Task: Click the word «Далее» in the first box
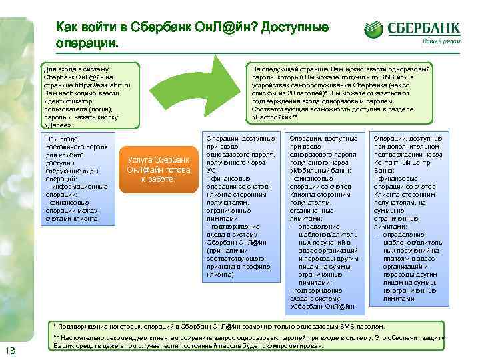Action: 55,124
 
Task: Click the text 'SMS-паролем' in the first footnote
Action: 360,327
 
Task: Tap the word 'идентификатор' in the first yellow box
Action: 67,101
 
